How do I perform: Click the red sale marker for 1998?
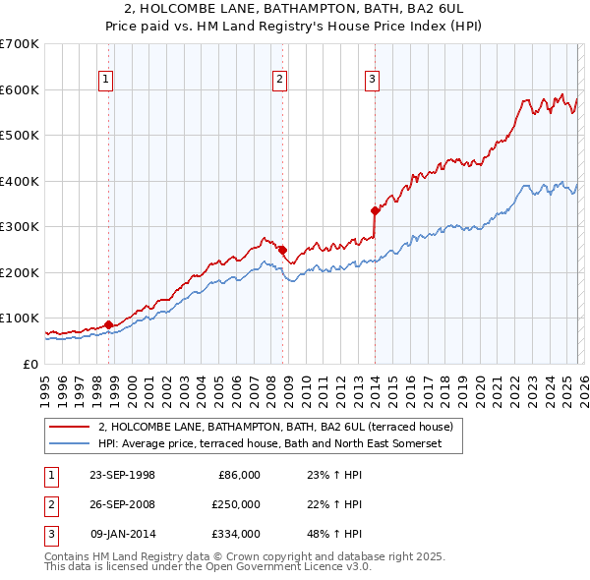point(107,324)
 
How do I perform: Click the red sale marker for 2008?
point(281,250)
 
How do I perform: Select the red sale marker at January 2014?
point(375,210)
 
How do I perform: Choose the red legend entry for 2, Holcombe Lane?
point(275,427)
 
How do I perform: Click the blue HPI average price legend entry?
point(270,443)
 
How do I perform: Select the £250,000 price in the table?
point(236,504)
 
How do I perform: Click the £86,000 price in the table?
point(239,475)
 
